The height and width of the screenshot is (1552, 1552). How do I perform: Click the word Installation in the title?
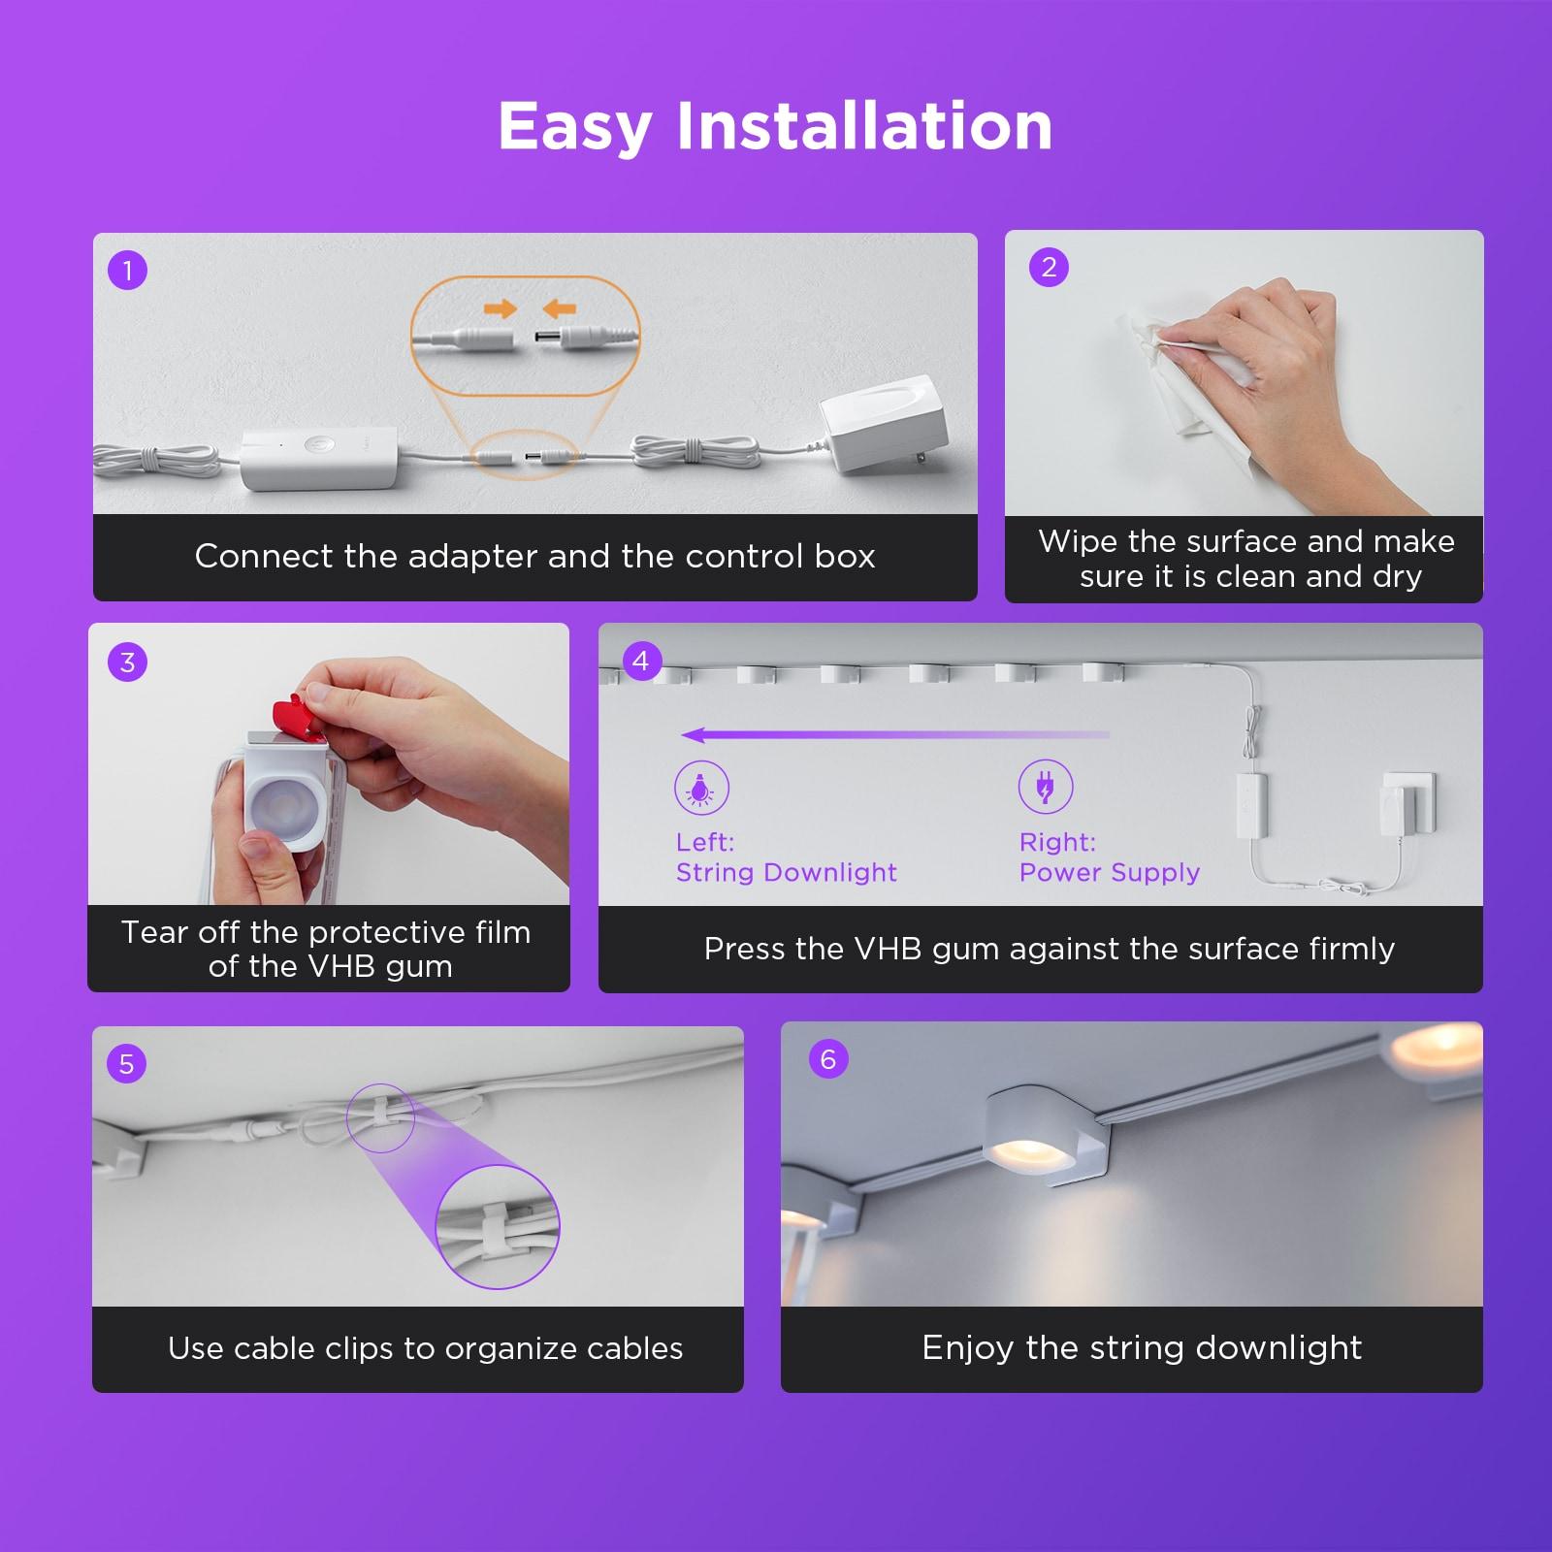[864, 126]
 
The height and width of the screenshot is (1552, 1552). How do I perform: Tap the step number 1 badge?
[127, 270]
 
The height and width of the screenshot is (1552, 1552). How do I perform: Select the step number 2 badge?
[1049, 267]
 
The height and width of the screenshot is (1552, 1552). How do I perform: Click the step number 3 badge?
[127, 663]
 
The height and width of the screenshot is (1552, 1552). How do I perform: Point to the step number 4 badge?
[640, 661]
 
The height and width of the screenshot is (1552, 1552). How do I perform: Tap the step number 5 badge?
[126, 1064]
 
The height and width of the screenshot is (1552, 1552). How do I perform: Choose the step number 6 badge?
[827, 1058]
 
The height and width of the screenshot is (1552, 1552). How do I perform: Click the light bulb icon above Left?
[701, 787]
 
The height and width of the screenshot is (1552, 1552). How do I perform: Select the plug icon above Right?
[1046, 786]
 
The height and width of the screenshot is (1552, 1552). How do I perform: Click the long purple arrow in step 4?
[895, 735]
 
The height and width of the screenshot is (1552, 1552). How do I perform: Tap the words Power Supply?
[1110, 873]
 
